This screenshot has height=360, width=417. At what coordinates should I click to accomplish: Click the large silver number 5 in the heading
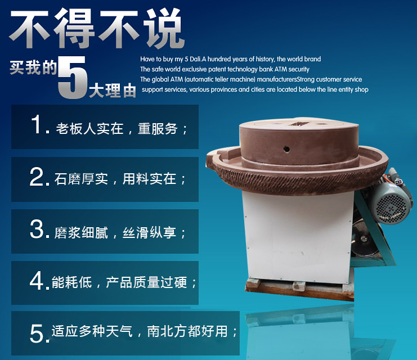[73, 78]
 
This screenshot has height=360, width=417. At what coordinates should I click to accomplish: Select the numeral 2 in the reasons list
[37, 177]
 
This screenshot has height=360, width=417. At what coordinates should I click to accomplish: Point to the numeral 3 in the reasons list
[37, 229]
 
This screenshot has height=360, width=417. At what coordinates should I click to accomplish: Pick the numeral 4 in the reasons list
[37, 281]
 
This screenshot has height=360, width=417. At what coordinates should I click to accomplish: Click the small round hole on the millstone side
[286, 149]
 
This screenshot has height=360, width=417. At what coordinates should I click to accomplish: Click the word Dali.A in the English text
[195, 59]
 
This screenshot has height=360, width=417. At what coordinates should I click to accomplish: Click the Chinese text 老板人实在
[89, 129]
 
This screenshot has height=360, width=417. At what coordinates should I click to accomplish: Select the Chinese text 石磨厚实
[81, 179]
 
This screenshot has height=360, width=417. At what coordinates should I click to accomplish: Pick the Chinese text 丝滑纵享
[149, 233]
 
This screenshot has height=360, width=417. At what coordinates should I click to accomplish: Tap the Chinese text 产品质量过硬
[146, 282]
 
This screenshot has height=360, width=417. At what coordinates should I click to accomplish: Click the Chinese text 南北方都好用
[187, 331]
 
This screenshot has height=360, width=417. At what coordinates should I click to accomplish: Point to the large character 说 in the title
[164, 28]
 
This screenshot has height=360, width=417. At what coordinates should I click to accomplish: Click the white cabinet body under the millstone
[298, 237]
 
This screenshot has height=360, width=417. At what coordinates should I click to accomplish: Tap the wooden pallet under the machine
[300, 289]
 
